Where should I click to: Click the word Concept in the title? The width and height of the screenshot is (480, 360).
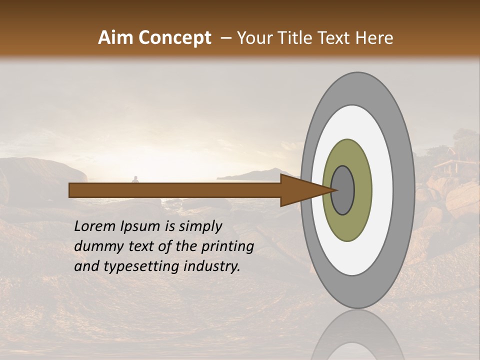tap(174, 38)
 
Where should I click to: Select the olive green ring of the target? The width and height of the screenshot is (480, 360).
tap(360, 190)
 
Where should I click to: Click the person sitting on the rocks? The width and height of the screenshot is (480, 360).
tap(135, 179)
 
